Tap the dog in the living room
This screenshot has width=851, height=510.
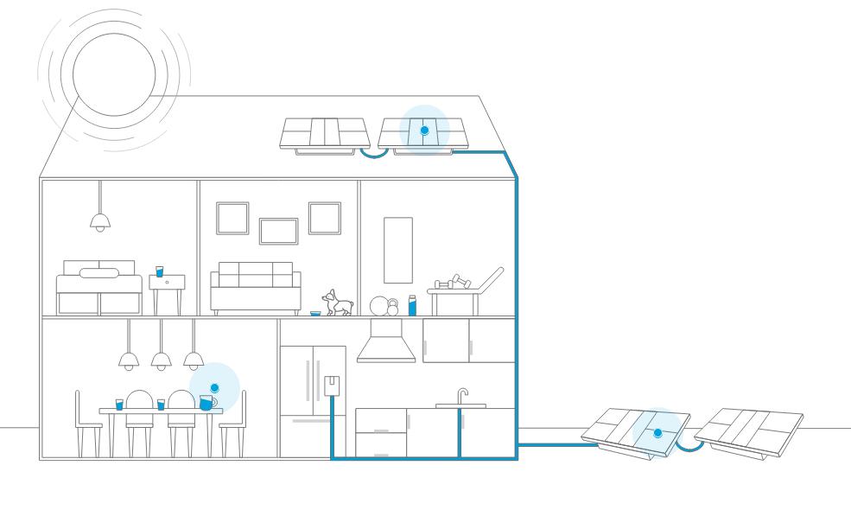pos(340,303)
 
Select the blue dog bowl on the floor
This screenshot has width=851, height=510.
pos(315,313)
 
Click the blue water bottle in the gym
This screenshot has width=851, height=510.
pos(412,305)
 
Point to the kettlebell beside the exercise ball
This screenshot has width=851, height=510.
pos(392,307)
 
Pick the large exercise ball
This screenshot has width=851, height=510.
pos(378,305)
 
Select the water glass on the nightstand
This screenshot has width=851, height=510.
pos(159,271)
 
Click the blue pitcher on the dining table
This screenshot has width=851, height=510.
pos(206,403)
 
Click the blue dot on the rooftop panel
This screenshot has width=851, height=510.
pos(424,131)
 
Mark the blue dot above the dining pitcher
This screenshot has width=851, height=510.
pos(214,388)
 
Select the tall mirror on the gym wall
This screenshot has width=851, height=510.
pos(398,250)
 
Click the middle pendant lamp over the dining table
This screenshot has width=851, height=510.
pos(161,359)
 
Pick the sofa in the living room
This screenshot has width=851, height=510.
pos(256,289)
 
